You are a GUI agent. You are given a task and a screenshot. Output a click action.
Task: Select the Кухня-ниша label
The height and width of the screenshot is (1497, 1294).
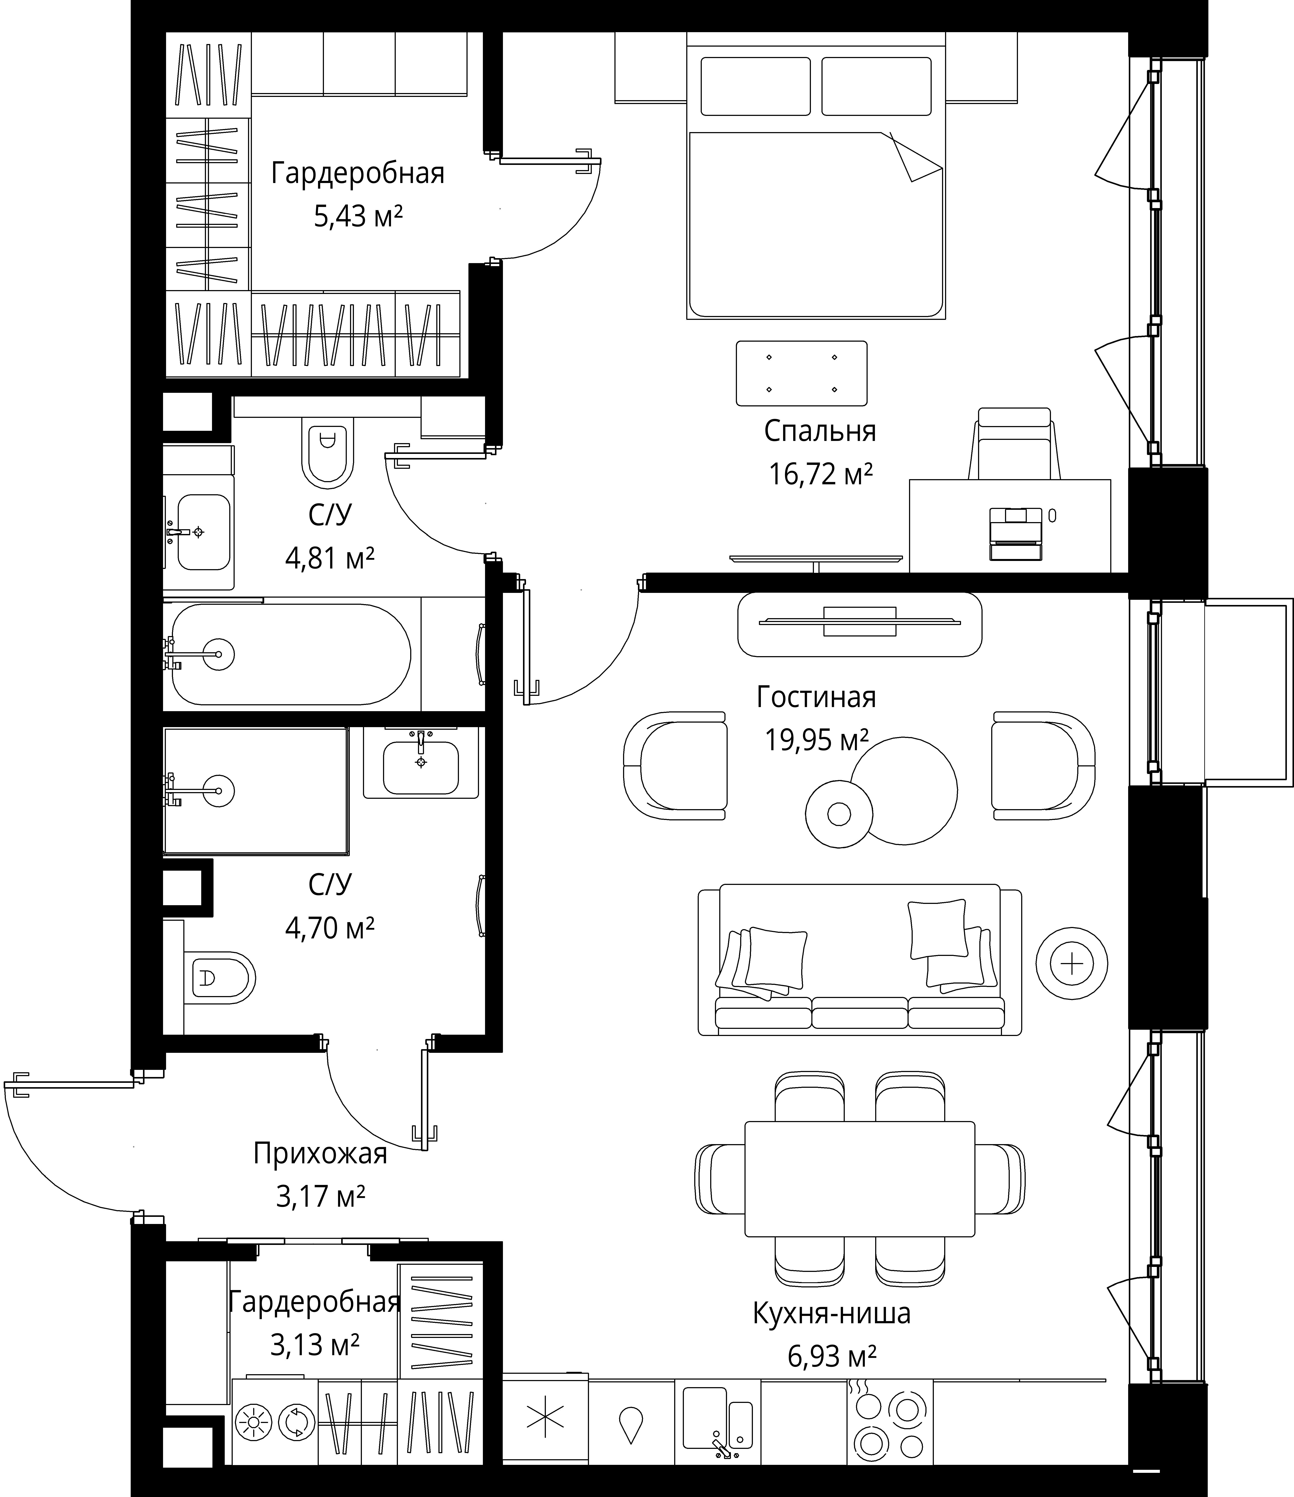(831, 1314)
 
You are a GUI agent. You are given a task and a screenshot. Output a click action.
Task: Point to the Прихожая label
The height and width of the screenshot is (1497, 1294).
(320, 1154)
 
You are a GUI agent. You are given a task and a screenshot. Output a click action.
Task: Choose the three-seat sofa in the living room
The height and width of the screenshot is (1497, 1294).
(859, 959)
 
